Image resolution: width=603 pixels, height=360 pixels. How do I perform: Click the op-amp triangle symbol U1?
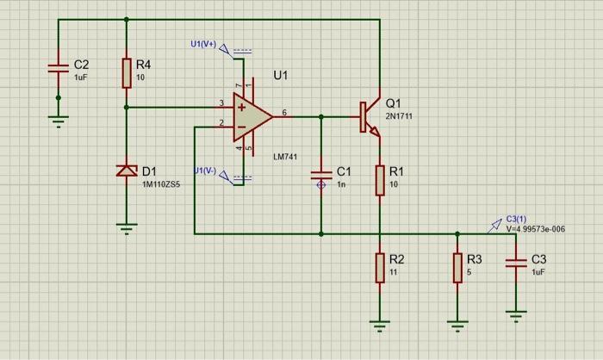[251, 116]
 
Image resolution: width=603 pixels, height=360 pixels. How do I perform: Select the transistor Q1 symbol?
[369, 118]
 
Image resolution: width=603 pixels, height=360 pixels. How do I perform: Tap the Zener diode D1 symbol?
[127, 171]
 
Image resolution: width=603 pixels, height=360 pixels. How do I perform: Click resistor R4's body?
[127, 73]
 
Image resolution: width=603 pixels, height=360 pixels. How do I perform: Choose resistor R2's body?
[379, 267]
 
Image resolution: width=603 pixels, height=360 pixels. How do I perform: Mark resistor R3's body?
[457, 267]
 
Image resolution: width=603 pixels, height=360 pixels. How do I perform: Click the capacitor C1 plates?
[321, 178]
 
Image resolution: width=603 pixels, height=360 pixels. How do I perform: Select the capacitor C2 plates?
[59, 66]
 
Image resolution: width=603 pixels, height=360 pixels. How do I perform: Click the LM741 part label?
[286, 157]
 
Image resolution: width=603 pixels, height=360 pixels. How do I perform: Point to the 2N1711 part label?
[399, 115]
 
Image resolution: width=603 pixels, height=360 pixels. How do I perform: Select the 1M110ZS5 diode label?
[161, 185]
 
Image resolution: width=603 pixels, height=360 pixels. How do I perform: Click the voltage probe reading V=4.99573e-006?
[535, 229]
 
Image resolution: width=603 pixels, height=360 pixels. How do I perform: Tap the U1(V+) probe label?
[204, 44]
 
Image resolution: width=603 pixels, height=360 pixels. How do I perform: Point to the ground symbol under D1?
[127, 228]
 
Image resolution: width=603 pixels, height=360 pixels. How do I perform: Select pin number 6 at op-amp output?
[284, 113]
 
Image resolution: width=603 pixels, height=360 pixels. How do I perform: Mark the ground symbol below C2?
[59, 121]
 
